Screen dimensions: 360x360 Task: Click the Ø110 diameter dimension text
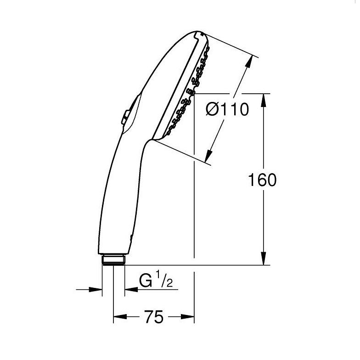(x=227, y=109)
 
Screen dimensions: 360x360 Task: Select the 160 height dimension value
(x=262, y=180)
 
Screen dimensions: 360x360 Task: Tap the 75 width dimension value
(x=153, y=317)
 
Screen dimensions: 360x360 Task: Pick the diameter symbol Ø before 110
(x=213, y=109)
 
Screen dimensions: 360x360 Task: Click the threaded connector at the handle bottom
(x=113, y=260)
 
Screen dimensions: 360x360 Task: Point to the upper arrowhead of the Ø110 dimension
(x=250, y=62)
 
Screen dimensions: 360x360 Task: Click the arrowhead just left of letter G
(x=130, y=290)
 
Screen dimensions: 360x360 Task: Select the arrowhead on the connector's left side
(x=96, y=290)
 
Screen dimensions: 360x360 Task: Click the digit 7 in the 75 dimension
(x=148, y=317)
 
